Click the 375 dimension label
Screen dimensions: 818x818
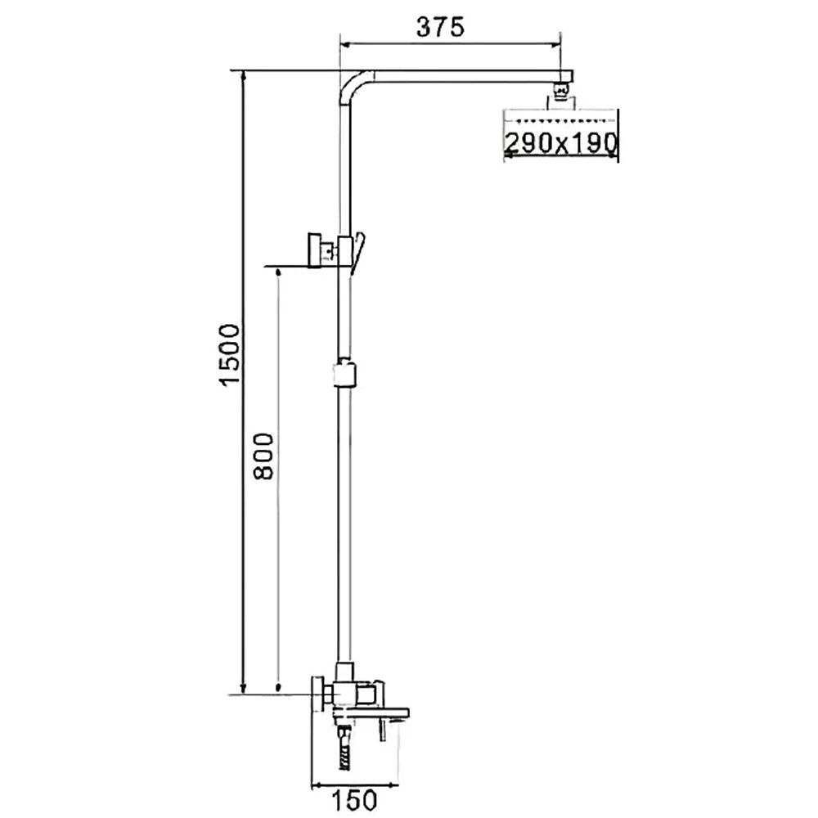click(x=440, y=27)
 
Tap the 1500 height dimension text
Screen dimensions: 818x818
click(x=230, y=355)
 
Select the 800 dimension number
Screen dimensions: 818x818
click(x=263, y=456)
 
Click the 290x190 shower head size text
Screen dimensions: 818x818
click(x=561, y=142)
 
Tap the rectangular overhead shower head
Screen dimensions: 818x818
click(x=560, y=133)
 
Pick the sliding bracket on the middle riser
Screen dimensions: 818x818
click(x=345, y=373)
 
